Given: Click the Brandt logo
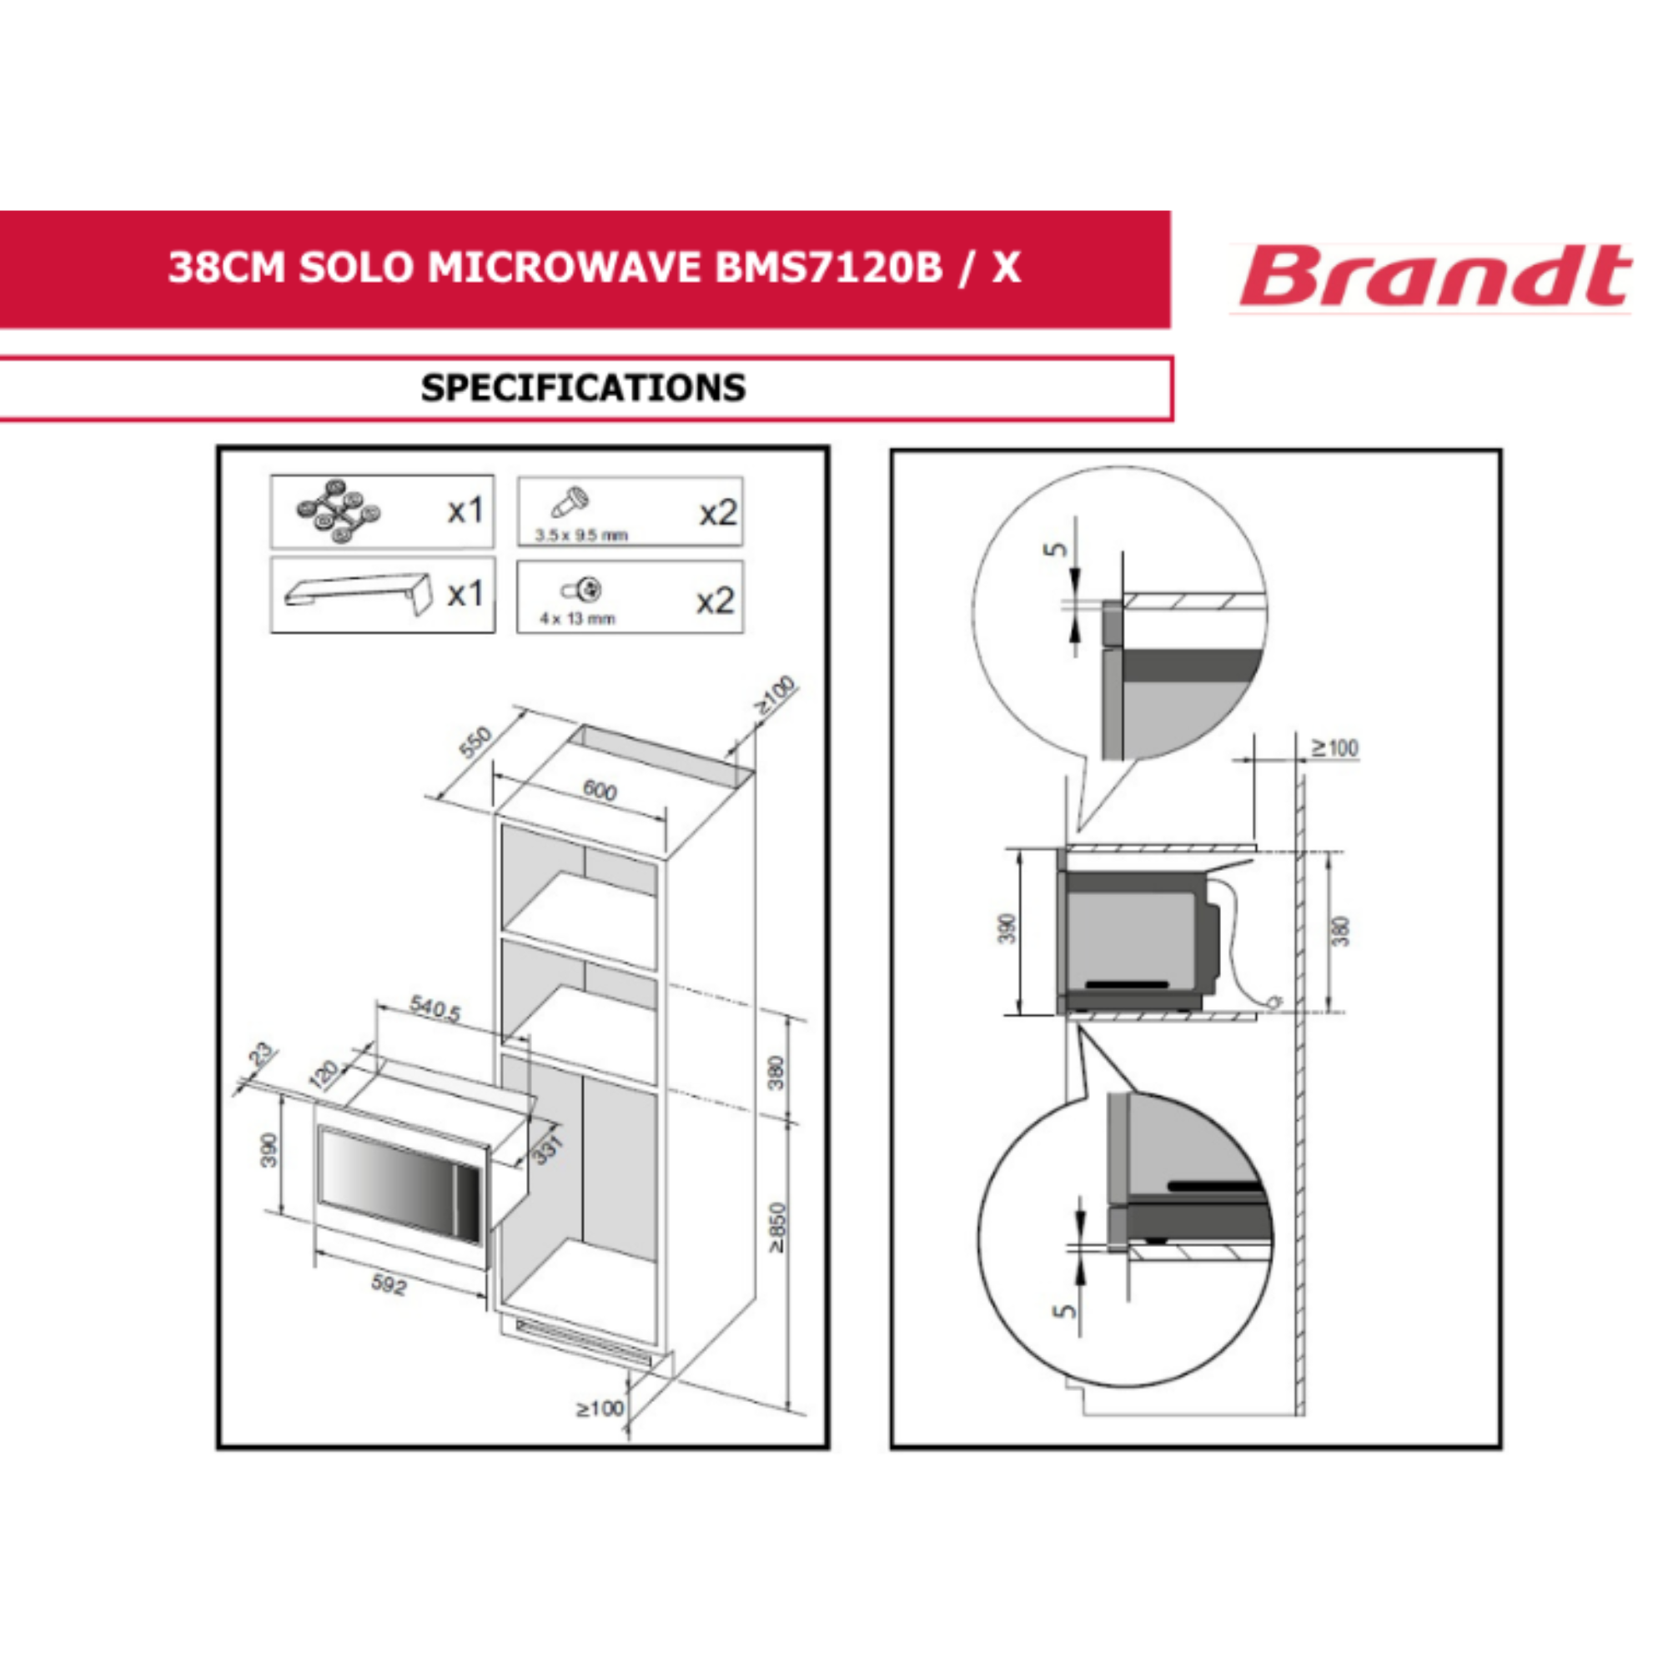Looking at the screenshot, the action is [1434, 276].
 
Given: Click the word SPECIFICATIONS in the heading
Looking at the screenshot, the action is [584, 388].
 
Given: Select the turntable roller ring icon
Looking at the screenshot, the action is [338, 511].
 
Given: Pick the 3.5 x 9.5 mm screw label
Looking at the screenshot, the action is [581, 535].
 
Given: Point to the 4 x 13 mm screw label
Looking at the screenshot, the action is [578, 618].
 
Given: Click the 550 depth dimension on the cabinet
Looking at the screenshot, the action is [475, 741].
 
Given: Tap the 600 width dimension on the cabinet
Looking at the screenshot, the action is [599, 790].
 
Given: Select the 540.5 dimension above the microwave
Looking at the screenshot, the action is [435, 1007].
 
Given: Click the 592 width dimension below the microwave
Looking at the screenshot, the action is [389, 1284].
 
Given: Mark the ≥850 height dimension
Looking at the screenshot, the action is [778, 1228].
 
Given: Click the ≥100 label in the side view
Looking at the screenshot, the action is [1334, 747].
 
